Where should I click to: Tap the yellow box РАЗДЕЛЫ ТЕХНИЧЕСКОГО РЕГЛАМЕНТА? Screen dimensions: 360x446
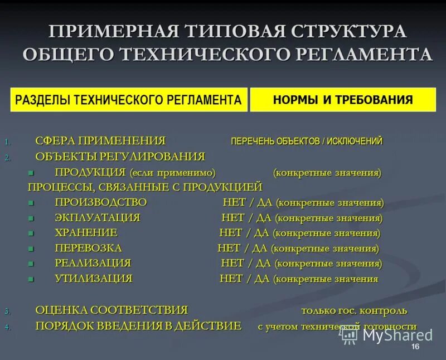click(x=128, y=100)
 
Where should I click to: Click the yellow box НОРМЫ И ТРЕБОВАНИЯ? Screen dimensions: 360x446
click(x=343, y=100)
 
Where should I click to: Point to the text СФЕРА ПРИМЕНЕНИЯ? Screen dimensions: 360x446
click(x=100, y=140)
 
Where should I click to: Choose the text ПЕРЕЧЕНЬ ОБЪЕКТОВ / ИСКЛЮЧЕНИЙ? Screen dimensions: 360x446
click(x=307, y=141)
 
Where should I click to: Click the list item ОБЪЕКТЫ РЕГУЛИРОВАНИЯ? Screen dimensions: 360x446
click(x=120, y=157)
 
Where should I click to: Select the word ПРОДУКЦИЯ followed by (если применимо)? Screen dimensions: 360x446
click(x=90, y=172)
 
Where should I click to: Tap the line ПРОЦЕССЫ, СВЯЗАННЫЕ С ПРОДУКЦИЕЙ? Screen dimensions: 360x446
click(x=145, y=187)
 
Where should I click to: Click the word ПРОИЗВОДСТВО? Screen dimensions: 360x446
click(x=101, y=202)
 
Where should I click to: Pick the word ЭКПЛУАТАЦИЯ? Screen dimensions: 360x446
click(x=98, y=217)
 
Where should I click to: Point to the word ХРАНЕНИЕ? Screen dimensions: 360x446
click(x=86, y=232)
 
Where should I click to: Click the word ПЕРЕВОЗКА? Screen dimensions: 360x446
click(x=88, y=248)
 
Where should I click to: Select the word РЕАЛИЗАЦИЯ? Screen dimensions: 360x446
click(x=93, y=263)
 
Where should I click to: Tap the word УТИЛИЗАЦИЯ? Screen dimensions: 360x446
click(x=94, y=279)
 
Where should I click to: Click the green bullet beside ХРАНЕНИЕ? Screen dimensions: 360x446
click(x=31, y=233)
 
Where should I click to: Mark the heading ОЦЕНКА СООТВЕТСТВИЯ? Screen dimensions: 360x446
click(x=111, y=310)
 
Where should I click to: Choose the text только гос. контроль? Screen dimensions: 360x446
click(x=354, y=310)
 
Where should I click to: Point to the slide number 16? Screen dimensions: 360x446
click(x=415, y=348)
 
